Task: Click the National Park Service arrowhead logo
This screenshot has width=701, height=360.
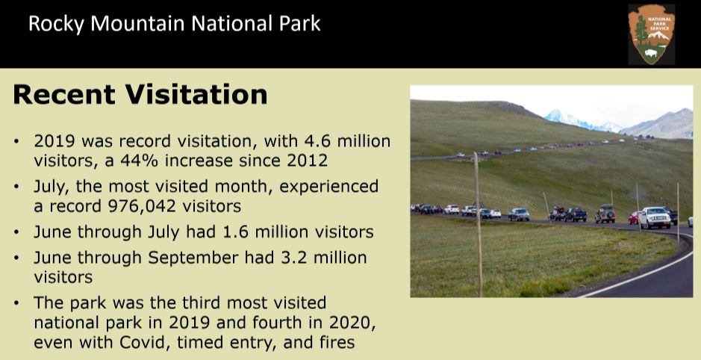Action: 652,34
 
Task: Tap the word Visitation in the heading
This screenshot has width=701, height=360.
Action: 196,94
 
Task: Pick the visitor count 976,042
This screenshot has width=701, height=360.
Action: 143,205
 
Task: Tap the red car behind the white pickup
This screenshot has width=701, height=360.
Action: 634,218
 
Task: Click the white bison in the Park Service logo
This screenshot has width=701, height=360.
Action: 651,54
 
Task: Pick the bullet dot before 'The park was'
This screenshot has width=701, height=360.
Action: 17,303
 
